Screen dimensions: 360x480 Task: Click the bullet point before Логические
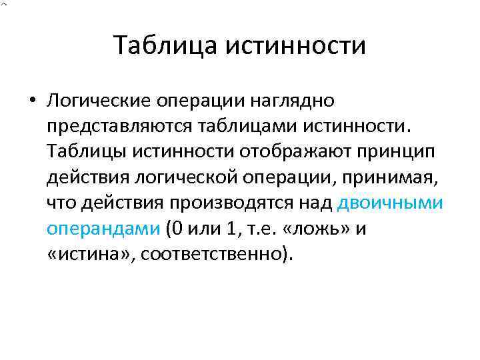[x=31, y=103]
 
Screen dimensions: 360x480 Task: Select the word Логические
[x=97, y=101]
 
